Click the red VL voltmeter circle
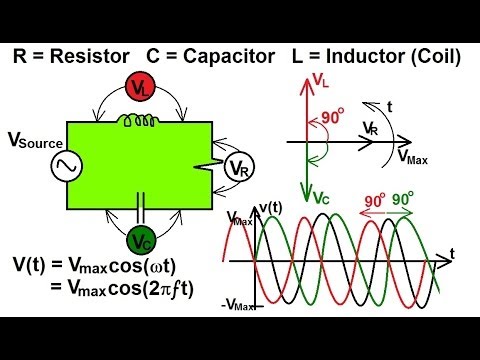pyautogui.click(x=141, y=88)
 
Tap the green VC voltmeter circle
pyautogui.click(x=140, y=239)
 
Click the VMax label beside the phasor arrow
pyautogui.click(x=413, y=157)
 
